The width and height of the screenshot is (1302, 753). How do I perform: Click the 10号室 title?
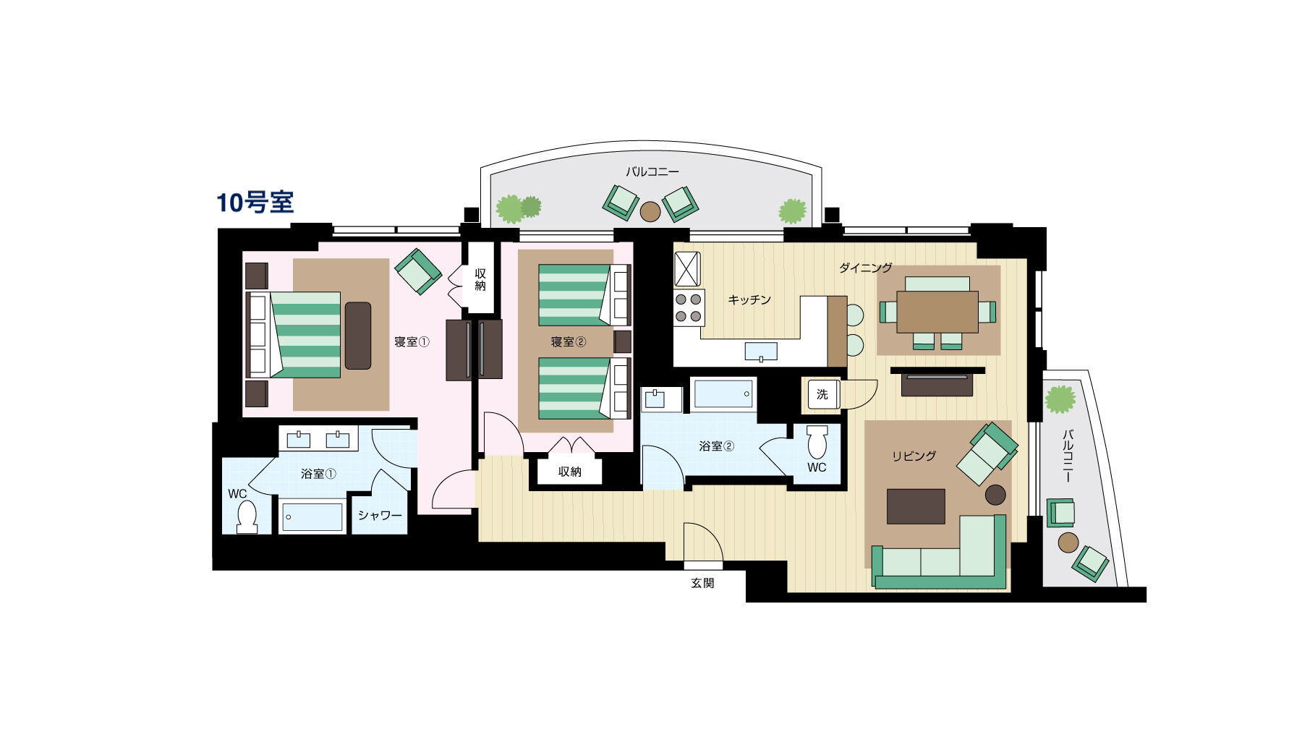(x=255, y=203)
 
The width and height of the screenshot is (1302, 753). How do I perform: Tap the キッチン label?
(x=749, y=299)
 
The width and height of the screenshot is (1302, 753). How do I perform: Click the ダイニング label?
(x=865, y=268)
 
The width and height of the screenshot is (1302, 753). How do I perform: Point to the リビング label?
(x=914, y=456)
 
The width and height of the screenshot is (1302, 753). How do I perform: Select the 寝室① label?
(x=412, y=341)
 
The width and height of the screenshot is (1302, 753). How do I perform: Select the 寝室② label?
(x=568, y=341)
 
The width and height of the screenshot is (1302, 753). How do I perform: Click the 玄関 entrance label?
(x=702, y=582)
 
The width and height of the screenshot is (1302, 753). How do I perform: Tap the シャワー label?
(x=380, y=515)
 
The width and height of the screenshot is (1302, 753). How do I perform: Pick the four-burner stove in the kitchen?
(x=689, y=307)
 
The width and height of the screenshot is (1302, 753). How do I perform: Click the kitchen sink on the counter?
(x=761, y=352)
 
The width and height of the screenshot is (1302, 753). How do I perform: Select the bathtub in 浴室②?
(x=723, y=394)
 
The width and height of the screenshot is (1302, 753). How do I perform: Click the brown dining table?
(x=937, y=311)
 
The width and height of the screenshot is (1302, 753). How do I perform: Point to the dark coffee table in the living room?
(x=916, y=506)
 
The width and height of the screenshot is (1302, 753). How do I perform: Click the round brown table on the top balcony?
(x=650, y=211)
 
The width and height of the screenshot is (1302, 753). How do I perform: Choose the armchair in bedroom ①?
(x=418, y=271)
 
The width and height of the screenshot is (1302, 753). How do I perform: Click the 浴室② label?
(x=716, y=446)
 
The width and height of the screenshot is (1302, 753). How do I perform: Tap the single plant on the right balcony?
(x=1060, y=400)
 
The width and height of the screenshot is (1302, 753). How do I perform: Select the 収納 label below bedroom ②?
(x=570, y=472)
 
